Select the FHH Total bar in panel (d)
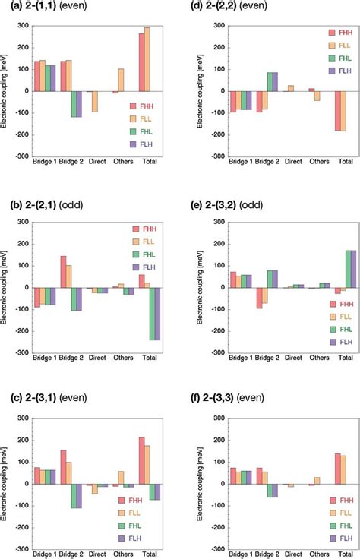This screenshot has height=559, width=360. tap(338, 110)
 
